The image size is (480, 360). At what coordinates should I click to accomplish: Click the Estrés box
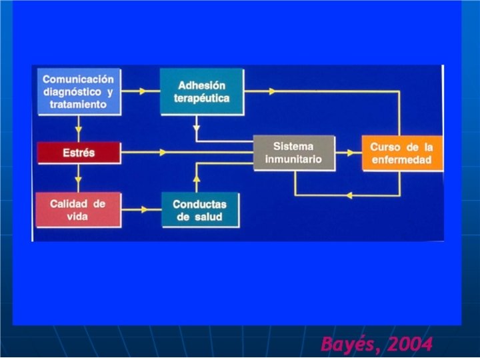tap(79, 153)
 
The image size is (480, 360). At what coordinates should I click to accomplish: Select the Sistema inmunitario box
tap(293, 153)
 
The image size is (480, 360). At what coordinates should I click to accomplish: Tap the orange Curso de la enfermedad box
tap(401, 153)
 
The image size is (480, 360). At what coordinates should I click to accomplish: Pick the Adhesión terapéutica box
tap(202, 91)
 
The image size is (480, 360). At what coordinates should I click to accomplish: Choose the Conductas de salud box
tap(199, 210)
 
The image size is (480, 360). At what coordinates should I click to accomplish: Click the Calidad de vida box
tap(78, 209)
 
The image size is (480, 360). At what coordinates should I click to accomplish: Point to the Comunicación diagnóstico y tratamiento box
tap(78, 91)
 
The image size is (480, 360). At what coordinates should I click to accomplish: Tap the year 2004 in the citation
tap(409, 345)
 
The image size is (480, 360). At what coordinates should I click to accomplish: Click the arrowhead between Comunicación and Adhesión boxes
tap(142, 91)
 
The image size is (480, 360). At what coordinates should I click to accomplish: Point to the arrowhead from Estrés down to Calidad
tap(79, 178)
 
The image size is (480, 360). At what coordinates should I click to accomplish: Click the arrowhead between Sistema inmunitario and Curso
tap(349, 153)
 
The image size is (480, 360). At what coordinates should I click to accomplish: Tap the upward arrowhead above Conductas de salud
tap(197, 179)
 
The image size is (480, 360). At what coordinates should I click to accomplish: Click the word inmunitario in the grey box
tap(293, 159)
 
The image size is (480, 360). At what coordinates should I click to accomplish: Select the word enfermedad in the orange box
tap(401, 160)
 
